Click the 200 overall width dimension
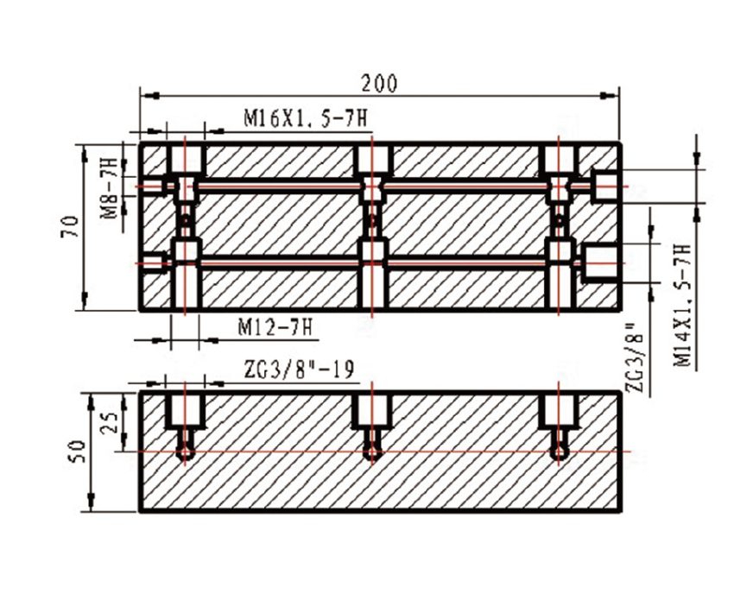pyautogui.click(x=379, y=83)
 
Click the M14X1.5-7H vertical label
pyautogui.click(x=682, y=307)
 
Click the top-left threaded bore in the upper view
pyautogui.click(x=184, y=159)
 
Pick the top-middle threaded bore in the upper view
pyautogui.click(x=372, y=159)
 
